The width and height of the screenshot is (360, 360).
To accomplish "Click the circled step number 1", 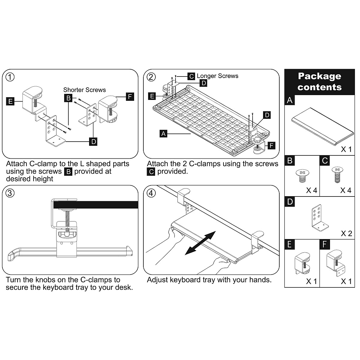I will click(x=10, y=77).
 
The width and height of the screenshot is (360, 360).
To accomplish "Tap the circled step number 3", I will click(x=10, y=193).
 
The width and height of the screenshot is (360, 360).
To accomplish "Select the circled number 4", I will click(x=151, y=193).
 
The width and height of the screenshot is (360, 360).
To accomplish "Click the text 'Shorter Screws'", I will click(x=84, y=90).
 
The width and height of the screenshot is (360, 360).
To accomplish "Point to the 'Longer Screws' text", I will click(x=217, y=76).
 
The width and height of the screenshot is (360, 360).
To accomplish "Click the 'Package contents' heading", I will click(x=319, y=82).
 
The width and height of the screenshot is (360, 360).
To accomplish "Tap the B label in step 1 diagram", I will click(x=68, y=98).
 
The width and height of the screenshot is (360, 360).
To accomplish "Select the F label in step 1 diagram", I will click(x=130, y=97).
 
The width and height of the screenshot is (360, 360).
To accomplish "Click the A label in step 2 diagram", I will click(x=163, y=133).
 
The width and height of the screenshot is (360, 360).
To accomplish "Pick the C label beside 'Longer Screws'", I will click(x=192, y=76).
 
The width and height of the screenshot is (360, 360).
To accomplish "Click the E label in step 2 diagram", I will click(x=152, y=96).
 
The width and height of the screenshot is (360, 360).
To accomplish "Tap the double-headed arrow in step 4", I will click(x=200, y=243).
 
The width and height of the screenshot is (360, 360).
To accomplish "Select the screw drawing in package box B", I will click(x=302, y=176).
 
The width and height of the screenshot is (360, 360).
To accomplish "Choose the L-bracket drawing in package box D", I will click(x=318, y=217).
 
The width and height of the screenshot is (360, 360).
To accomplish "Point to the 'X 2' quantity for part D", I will click(x=346, y=233).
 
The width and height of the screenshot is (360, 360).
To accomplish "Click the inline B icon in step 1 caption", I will click(x=68, y=172).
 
